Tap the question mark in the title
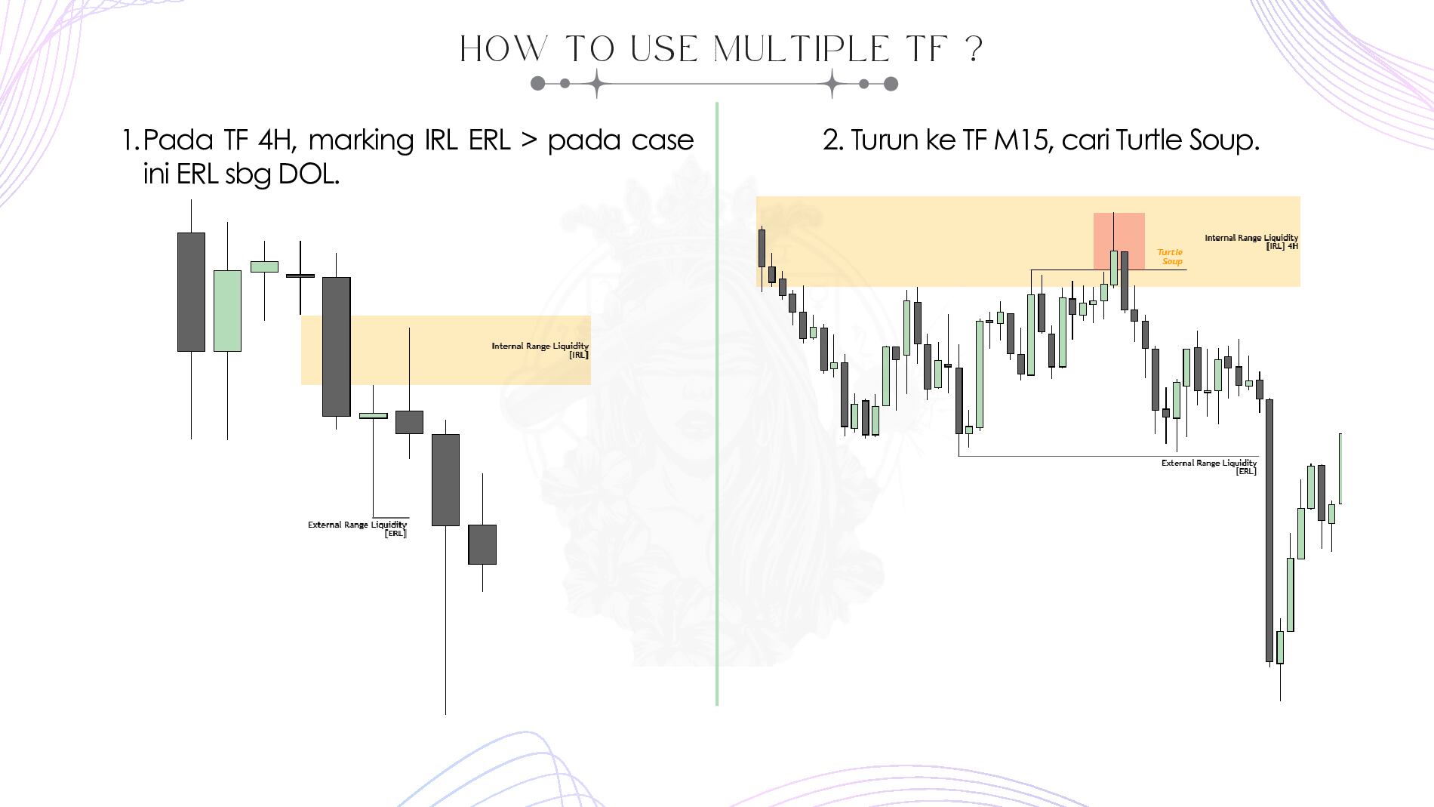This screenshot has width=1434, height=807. pos(974,50)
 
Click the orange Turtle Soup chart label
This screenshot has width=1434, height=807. pos(1170,257)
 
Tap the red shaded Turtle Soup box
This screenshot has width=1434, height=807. pos(1119,241)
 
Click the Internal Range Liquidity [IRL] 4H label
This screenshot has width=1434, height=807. pos(1251,242)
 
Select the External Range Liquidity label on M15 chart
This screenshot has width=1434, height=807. pos(1209,467)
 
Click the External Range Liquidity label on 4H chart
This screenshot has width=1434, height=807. pos(357,528)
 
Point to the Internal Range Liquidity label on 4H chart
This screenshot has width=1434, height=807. pos(540,350)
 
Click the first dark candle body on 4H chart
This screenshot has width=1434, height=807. pos(191,292)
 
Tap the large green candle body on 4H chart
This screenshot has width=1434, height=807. pos(227,311)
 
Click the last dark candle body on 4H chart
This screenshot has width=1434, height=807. pos(482,544)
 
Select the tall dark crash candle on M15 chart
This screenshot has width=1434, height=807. pos(1269,531)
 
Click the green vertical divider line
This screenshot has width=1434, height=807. pos(716,404)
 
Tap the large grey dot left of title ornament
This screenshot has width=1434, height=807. pos(537,83)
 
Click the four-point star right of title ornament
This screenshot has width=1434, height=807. pos(832,83)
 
